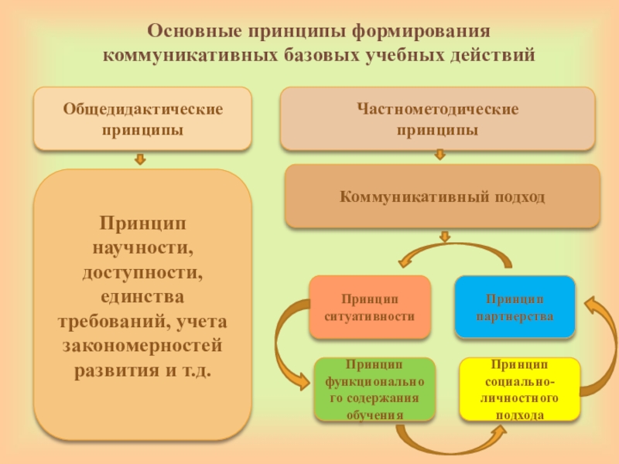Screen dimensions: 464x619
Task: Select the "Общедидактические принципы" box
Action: click(x=142, y=119)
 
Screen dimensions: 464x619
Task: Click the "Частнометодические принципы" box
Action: click(x=437, y=119)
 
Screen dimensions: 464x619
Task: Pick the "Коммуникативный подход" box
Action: click(x=442, y=196)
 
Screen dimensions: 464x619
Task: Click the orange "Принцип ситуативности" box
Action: click(x=369, y=307)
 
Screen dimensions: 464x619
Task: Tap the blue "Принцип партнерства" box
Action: click(x=515, y=307)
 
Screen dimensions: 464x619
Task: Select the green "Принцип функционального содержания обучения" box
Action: click(x=374, y=389)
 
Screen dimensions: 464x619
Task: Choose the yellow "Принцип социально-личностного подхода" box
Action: click(x=520, y=389)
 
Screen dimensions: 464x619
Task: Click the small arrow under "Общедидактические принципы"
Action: click(x=140, y=159)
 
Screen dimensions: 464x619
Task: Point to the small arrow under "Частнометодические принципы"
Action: click(x=439, y=155)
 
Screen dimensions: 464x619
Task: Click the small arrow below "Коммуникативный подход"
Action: click(x=444, y=236)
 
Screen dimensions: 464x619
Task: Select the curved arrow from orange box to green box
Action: click(x=290, y=340)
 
